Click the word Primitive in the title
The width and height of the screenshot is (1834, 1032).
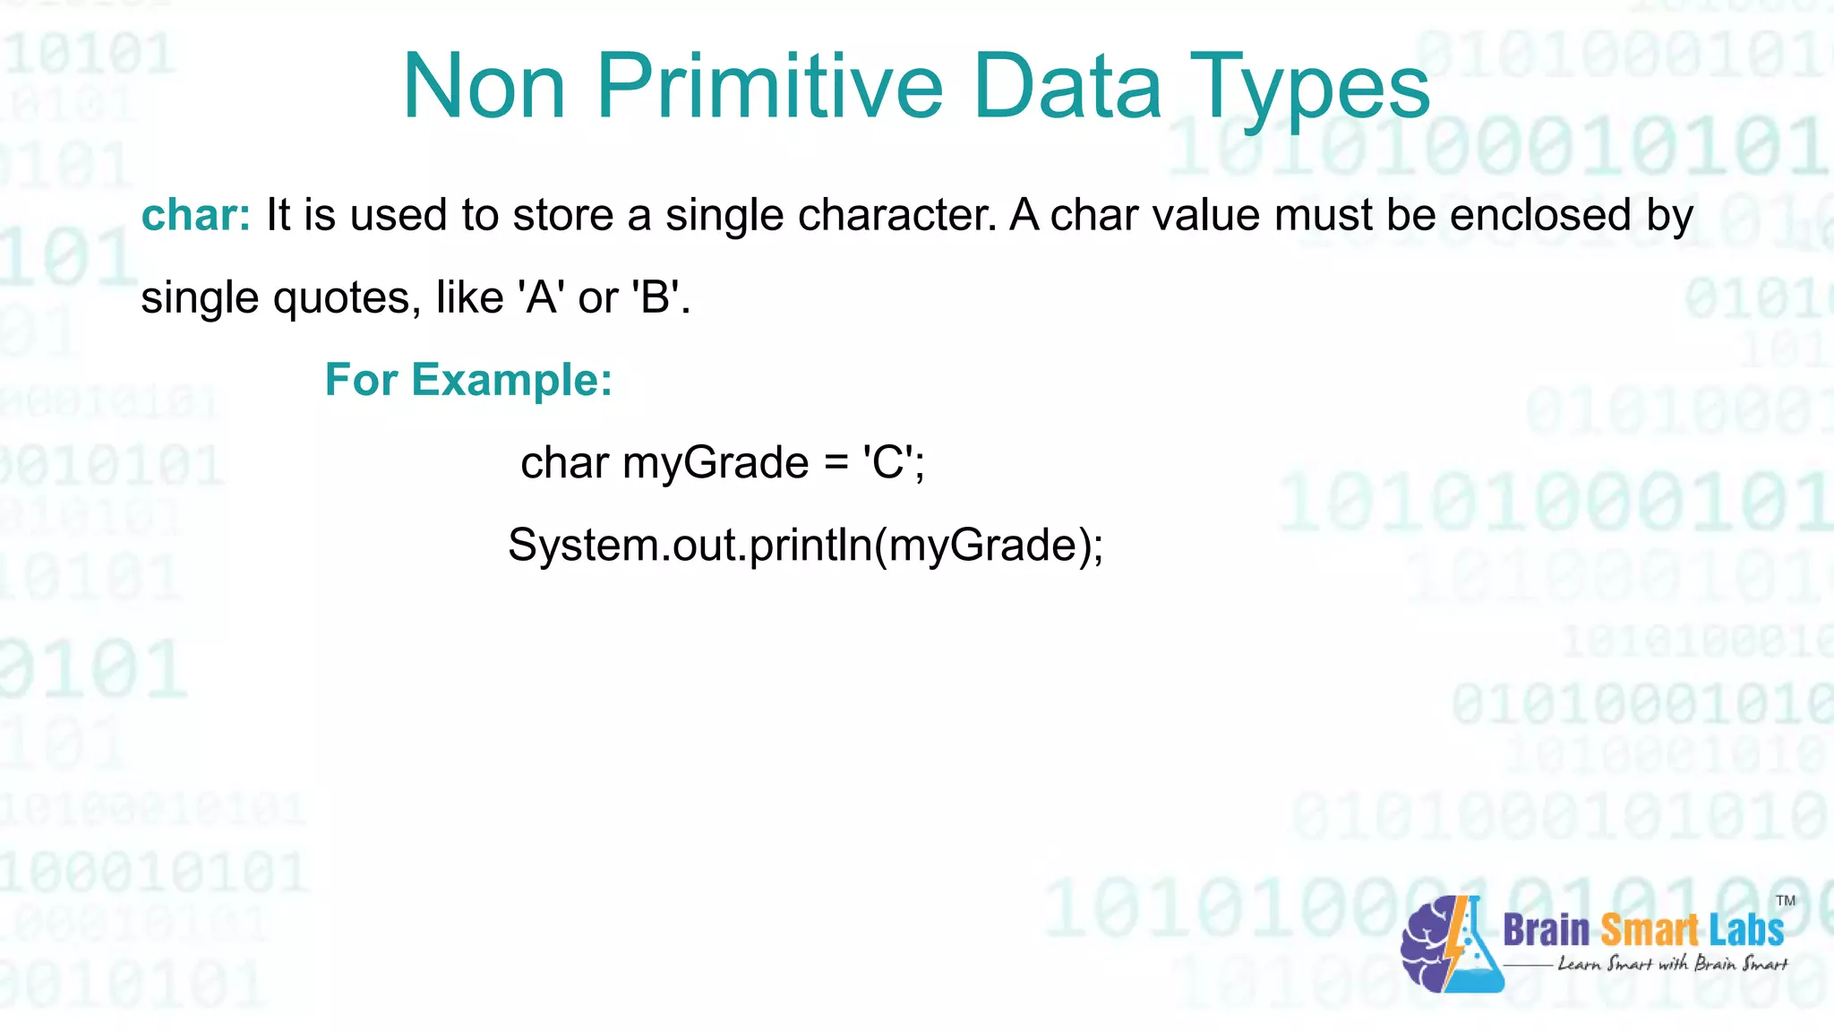[769, 86]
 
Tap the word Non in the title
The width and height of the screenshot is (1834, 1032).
[484, 86]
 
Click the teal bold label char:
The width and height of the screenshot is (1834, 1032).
[196, 215]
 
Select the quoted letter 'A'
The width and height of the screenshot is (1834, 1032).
[541, 297]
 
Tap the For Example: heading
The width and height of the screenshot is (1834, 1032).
[468, 380]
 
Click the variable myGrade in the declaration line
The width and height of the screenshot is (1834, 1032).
[716, 464]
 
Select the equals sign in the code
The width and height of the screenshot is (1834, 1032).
[835, 464]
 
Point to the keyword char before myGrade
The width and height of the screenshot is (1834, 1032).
[564, 462]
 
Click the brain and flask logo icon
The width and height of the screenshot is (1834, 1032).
[1451, 946]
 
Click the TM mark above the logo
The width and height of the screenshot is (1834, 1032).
[1785, 900]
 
